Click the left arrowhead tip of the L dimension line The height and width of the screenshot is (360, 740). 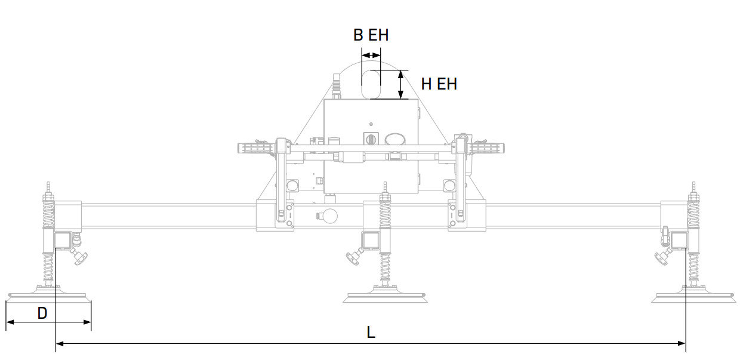click(x=57, y=343)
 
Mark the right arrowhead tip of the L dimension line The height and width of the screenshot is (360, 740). click(x=686, y=343)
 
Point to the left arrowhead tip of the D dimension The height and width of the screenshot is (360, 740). click(x=7, y=322)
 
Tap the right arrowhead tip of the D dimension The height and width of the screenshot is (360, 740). click(x=91, y=322)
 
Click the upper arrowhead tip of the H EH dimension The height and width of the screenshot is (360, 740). click(x=400, y=70)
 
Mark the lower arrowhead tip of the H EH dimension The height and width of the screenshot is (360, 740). click(x=400, y=99)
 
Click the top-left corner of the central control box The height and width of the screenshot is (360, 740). click(x=324, y=99)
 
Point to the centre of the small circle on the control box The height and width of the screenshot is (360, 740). click(x=371, y=124)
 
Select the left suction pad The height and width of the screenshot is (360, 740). click(x=48, y=296)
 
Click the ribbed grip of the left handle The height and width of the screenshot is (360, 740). click(x=255, y=148)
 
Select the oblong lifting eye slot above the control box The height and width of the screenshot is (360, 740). click(x=371, y=84)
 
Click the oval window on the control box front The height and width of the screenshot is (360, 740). click(x=395, y=139)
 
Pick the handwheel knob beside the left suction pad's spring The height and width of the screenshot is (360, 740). click(x=79, y=257)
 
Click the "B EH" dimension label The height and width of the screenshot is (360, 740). click(x=371, y=35)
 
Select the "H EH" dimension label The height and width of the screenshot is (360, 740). click(x=439, y=84)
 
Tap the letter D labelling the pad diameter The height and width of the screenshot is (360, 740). click(x=42, y=313)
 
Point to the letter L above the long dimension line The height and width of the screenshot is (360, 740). click(x=371, y=332)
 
